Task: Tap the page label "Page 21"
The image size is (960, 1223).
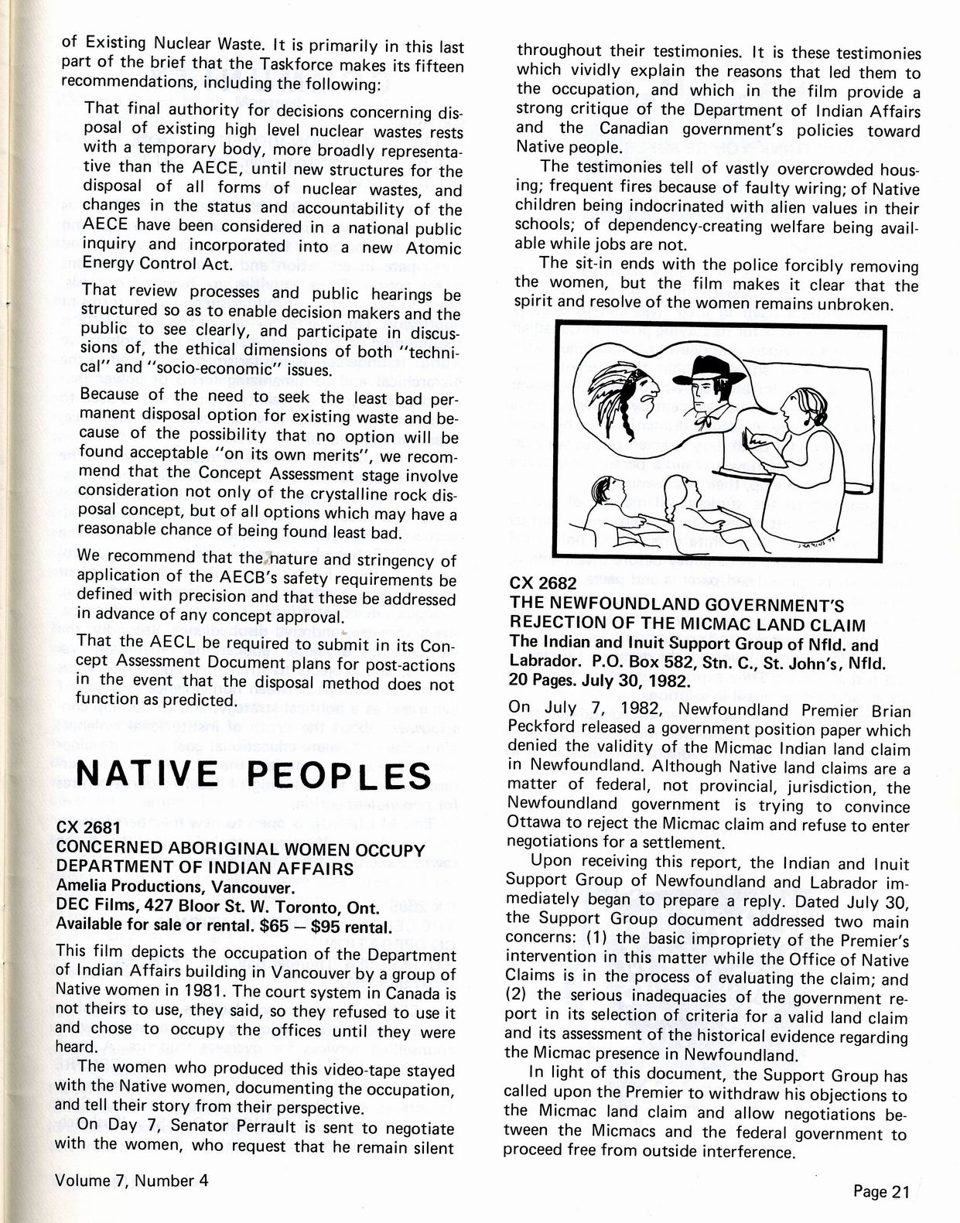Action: click(x=881, y=1191)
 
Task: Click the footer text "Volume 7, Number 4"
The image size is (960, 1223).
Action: click(x=132, y=1180)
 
